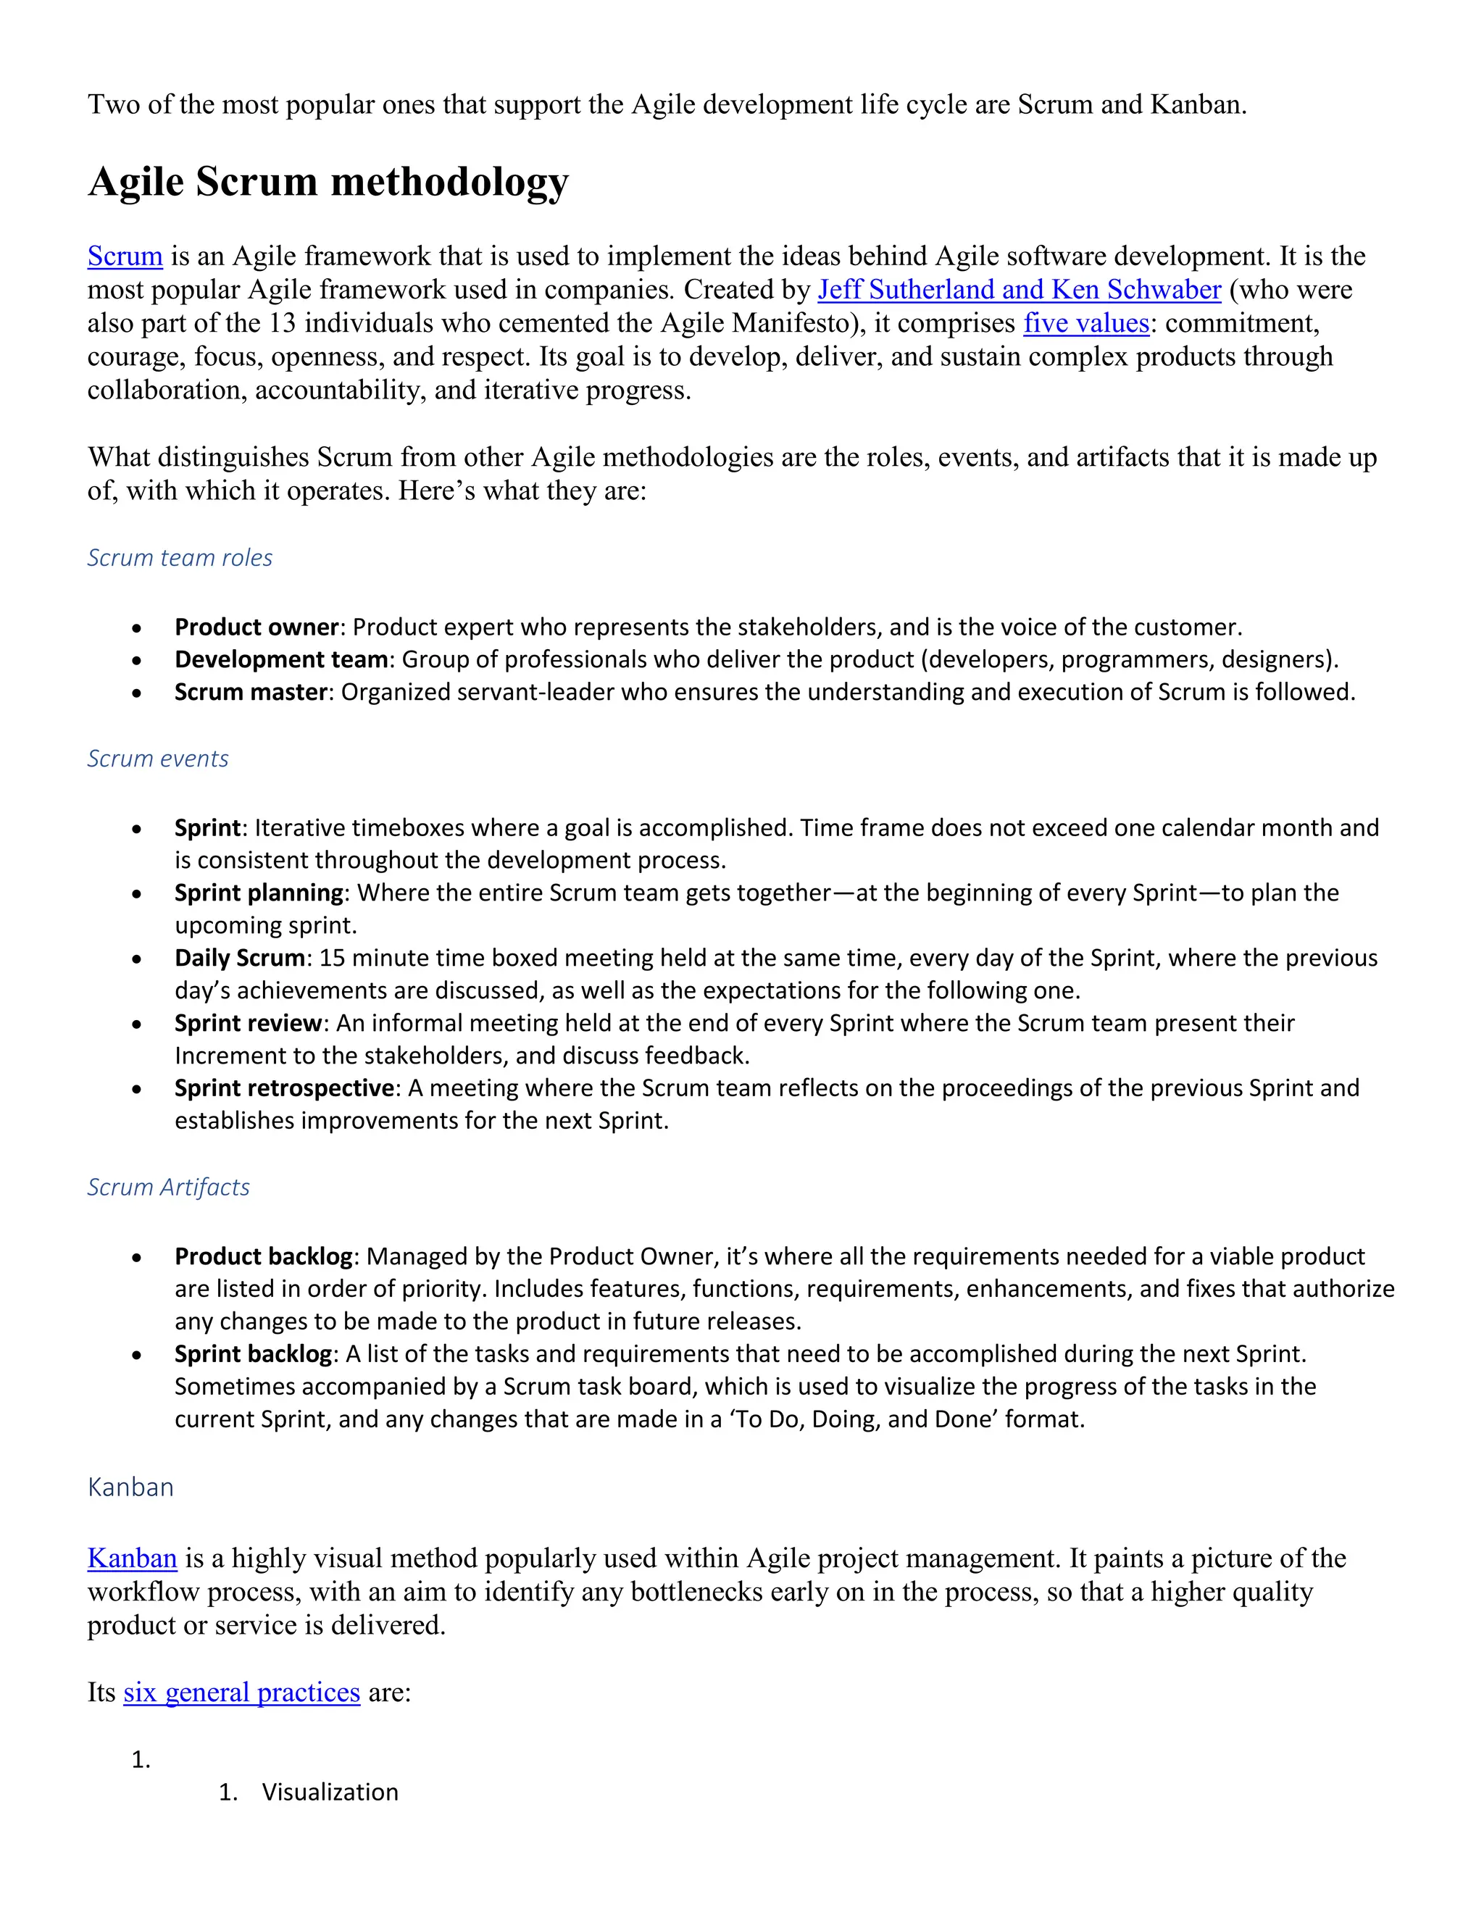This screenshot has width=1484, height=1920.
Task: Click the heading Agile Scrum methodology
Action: tap(328, 182)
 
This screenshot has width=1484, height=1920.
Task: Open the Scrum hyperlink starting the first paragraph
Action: tap(125, 256)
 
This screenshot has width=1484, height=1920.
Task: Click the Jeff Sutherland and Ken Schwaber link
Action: tap(1019, 290)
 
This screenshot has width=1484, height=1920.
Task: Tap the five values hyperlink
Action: tap(1085, 324)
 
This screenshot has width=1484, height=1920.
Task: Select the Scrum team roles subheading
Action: tap(180, 558)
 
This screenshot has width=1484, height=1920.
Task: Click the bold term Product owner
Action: tap(256, 627)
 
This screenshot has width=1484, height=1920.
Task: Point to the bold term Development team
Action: tap(280, 660)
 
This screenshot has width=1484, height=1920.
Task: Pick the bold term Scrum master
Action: tap(251, 693)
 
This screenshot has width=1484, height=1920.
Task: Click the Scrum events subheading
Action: tap(157, 759)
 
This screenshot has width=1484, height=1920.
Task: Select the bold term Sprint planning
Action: tap(259, 893)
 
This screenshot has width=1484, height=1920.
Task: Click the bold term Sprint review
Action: tap(248, 1023)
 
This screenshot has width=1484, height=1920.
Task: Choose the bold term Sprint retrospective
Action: tap(284, 1088)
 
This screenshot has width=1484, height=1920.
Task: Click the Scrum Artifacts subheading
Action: tap(168, 1188)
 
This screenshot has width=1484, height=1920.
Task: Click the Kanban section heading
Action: tap(130, 1487)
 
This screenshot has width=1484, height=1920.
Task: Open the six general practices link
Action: tap(242, 1692)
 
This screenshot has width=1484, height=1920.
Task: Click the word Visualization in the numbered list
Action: tap(330, 1792)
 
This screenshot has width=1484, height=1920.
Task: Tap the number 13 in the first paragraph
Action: tap(281, 324)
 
